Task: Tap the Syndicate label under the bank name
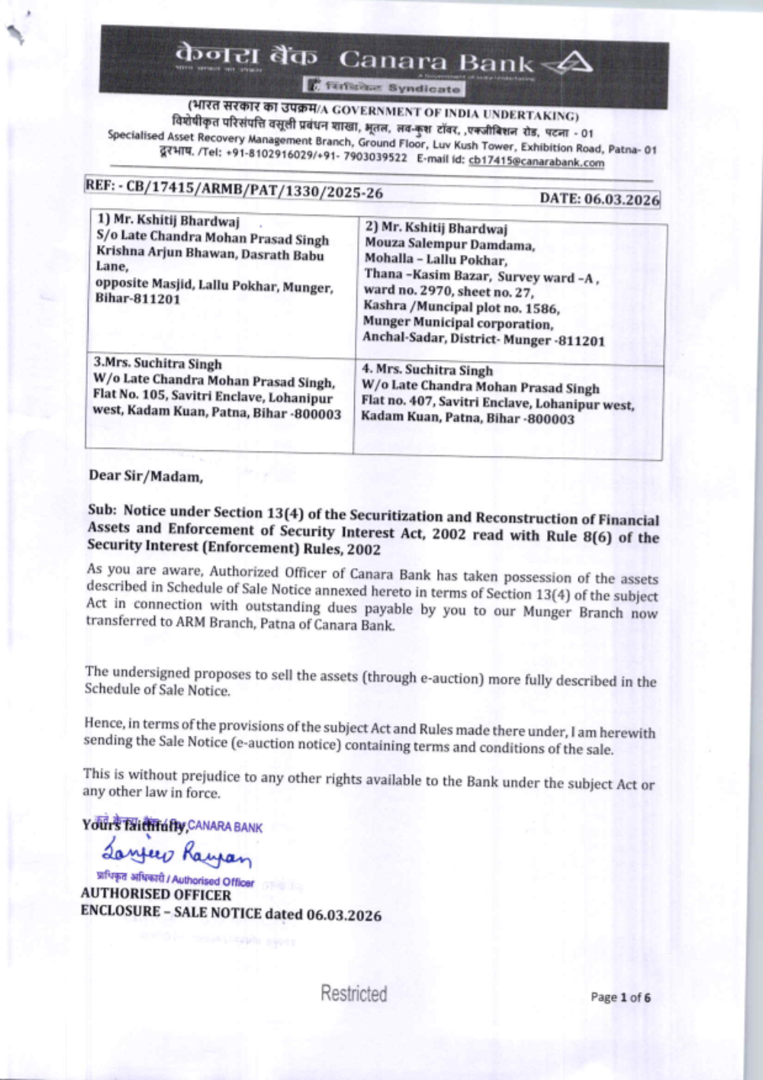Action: [423, 89]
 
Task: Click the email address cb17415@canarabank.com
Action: [536, 162]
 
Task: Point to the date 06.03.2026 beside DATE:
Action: [621, 199]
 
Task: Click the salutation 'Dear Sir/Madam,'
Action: [146, 476]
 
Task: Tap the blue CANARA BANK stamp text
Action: [224, 827]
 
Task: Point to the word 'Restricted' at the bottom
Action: [353, 994]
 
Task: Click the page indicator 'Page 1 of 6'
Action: [620, 997]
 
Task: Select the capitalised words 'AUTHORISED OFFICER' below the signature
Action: [156, 895]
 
